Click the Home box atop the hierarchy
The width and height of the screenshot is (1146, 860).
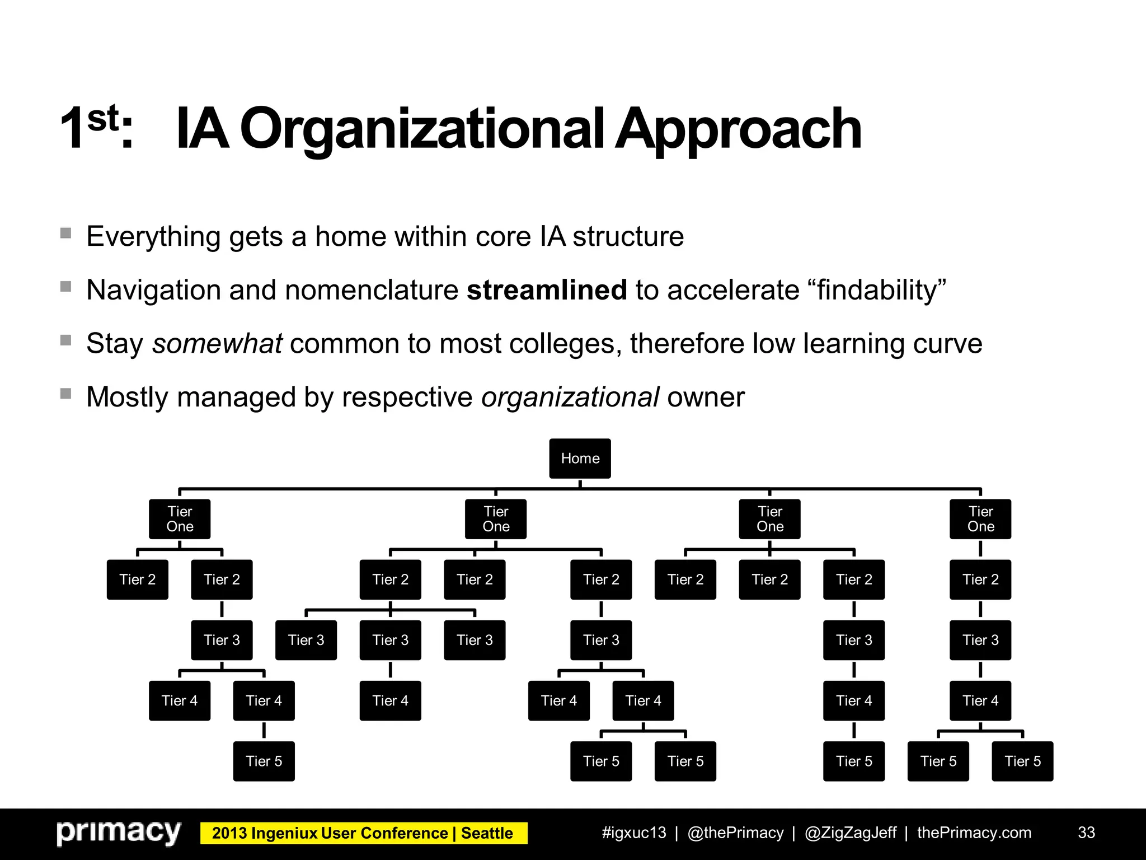tap(580, 459)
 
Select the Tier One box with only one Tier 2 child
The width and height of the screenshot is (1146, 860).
tap(980, 519)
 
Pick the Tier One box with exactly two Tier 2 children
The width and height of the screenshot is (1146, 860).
tap(180, 519)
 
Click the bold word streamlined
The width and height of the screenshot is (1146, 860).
tap(547, 290)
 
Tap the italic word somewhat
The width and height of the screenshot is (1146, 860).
tap(217, 343)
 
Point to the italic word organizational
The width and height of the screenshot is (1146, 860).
tap(570, 397)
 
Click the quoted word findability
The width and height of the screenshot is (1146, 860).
tap(877, 290)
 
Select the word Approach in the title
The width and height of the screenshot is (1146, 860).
tap(739, 129)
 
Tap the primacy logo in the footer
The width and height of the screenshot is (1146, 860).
tap(119, 833)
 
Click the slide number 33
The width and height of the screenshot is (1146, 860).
tap(1086, 833)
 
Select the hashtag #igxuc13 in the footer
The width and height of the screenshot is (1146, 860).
tap(634, 833)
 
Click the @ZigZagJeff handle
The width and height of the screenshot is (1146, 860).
tap(851, 833)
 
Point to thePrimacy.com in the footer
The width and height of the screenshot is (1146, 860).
tap(974, 833)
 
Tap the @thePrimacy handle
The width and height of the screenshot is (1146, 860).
tap(735, 833)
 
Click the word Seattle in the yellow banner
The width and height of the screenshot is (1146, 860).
tap(487, 833)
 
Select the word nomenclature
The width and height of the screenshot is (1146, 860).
tap(372, 290)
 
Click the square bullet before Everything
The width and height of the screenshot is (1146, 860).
tap(66, 233)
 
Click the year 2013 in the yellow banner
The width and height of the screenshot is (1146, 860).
tap(229, 833)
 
